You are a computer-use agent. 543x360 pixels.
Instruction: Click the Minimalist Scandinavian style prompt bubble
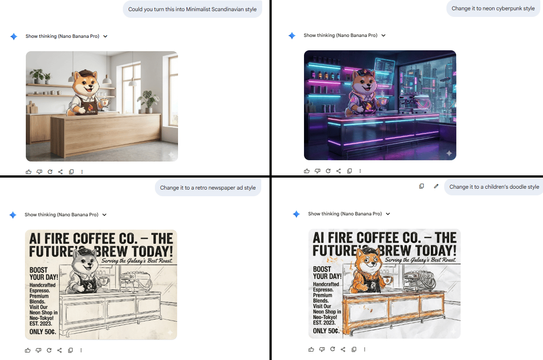click(x=192, y=9)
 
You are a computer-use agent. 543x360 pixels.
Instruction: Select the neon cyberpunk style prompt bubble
click(x=493, y=8)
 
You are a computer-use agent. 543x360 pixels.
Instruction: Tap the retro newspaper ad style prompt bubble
click(x=208, y=188)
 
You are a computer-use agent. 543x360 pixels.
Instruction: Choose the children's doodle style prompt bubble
click(x=494, y=187)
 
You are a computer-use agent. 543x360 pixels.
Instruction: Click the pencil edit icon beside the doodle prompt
click(x=436, y=186)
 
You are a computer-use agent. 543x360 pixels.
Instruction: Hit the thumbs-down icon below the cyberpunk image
click(x=317, y=171)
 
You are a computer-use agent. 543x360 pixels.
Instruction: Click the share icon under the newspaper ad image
click(x=60, y=350)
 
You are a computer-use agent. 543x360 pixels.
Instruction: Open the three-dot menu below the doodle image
click(x=365, y=349)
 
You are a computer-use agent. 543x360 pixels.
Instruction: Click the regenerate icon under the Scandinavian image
click(x=50, y=172)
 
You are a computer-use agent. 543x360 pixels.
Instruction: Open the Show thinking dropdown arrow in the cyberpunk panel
click(x=383, y=36)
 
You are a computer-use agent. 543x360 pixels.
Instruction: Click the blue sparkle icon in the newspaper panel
click(x=13, y=215)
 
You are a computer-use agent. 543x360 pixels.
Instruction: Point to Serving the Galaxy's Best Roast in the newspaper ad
click(x=136, y=261)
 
